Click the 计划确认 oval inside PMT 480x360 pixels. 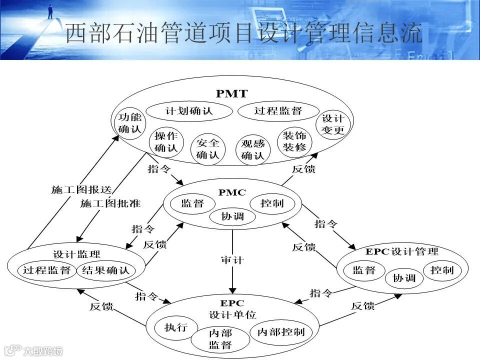189,111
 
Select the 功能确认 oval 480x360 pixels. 130,123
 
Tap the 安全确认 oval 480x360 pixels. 208,148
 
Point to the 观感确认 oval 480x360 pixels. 252,149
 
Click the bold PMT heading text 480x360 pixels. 231,93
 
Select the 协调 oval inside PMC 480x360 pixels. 232,216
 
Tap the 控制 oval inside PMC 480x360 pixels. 272,203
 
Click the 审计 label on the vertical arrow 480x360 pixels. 232,260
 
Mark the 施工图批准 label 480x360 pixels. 110,203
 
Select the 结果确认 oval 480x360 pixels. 105,270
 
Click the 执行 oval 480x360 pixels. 176,327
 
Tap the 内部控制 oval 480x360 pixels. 281,332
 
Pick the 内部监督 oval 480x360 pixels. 220,338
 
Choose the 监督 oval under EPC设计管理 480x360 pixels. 364,270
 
